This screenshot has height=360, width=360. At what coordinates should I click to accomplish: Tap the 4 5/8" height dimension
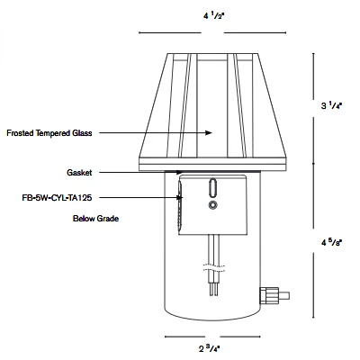click(331, 243)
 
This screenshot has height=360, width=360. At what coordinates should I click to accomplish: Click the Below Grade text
click(96, 219)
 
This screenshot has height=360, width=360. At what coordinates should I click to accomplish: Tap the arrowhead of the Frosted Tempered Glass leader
click(211, 133)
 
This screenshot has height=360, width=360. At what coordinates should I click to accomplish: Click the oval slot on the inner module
click(212, 189)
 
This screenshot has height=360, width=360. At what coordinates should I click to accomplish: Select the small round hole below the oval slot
click(212, 206)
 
